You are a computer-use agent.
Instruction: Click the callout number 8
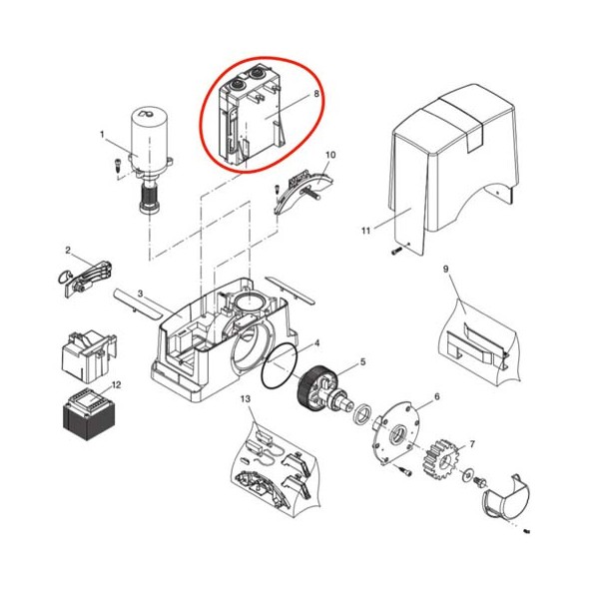point(316,93)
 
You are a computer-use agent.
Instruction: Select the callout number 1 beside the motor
point(102,135)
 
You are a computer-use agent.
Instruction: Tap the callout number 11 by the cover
point(366,231)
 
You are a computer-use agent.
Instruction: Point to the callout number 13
point(246,398)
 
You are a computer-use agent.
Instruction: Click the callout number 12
point(116,384)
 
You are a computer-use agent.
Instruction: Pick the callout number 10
point(330,155)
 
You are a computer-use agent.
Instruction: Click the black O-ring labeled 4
point(280,366)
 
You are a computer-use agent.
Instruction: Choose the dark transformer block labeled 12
point(89,414)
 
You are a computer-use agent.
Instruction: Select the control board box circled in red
point(251,115)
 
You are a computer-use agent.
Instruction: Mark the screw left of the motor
point(117,166)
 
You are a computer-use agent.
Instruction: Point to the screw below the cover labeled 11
point(396,251)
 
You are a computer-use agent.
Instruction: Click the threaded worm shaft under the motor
point(150,196)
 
